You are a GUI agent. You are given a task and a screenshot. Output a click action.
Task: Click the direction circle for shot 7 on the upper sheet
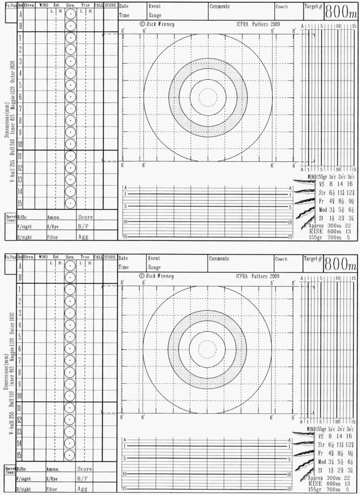click(x=70, y=109)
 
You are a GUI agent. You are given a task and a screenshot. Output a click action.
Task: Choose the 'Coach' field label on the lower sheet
click(x=282, y=259)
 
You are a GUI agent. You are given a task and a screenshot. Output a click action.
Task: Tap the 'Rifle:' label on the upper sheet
click(x=23, y=217)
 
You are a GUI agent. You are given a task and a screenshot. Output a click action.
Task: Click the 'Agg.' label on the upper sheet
click(x=84, y=236)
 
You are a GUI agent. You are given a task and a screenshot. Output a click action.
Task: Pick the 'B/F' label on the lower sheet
click(x=83, y=479)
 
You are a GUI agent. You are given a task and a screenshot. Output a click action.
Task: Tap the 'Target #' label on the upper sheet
click(x=313, y=7)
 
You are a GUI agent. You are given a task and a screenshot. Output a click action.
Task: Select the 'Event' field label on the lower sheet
click(x=154, y=259)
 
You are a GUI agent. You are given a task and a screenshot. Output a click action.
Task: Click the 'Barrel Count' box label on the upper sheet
click(x=10, y=218)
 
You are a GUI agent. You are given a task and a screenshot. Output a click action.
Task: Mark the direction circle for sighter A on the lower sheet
click(x=70, y=266)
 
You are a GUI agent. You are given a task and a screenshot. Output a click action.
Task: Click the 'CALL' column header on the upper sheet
click(x=99, y=5)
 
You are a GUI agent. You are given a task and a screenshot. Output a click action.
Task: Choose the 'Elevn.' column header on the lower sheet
click(x=29, y=257)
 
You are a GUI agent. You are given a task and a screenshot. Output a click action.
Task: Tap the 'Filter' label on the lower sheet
click(x=51, y=489)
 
